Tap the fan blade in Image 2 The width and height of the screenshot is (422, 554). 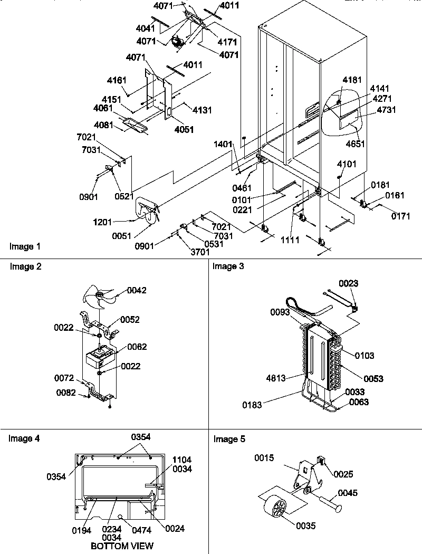[x=96, y=299]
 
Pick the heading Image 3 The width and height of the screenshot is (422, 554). [x=228, y=266]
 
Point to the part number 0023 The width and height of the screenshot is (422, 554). [x=349, y=283]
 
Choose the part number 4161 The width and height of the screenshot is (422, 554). [x=117, y=81]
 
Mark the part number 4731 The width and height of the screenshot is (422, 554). [x=387, y=110]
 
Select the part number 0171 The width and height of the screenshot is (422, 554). [x=400, y=216]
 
